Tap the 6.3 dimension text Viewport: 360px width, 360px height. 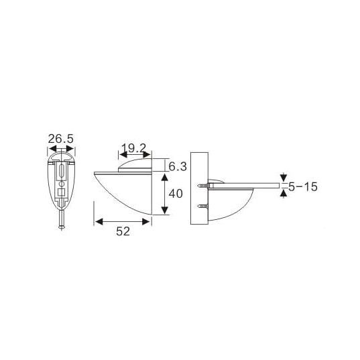coord(177,165)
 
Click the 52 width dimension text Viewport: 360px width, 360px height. coord(122,231)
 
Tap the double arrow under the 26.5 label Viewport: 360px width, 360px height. coord(60,149)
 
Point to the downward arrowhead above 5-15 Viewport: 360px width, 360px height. coord(284,178)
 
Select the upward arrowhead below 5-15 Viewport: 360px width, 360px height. coord(284,192)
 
